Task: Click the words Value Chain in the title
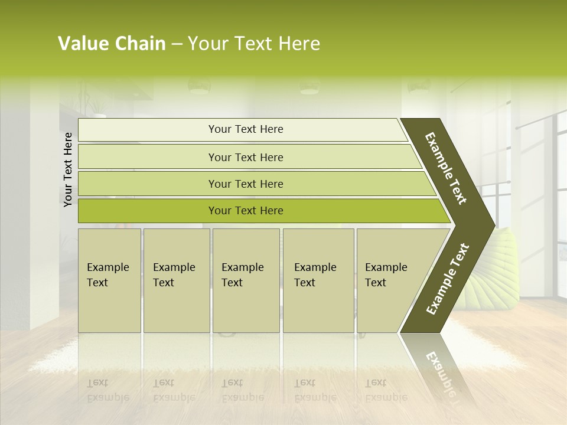click(x=112, y=44)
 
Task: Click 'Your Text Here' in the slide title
click(x=254, y=44)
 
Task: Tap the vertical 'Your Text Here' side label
click(x=68, y=169)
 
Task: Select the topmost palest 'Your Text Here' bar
click(x=245, y=129)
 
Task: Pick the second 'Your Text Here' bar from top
click(x=245, y=157)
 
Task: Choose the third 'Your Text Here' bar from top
click(x=245, y=184)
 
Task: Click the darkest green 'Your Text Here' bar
click(x=245, y=211)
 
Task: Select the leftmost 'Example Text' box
click(x=109, y=280)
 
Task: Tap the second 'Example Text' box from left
click(x=176, y=280)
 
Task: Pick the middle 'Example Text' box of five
click(x=246, y=280)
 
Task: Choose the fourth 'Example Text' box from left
click(x=318, y=280)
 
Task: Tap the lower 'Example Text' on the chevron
click(x=447, y=279)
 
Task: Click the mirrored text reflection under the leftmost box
click(x=107, y=390)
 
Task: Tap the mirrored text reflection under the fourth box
click(x=315, y=390)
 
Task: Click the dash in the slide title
click(x=177, y=44)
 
